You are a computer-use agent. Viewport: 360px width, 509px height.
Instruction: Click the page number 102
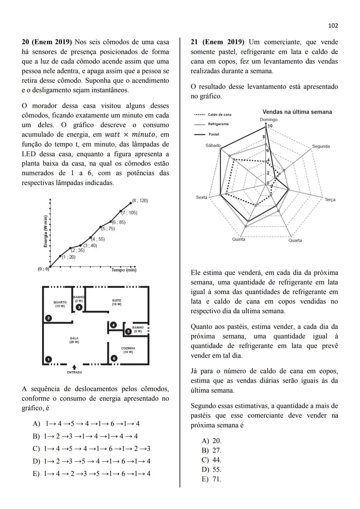pos(333,26)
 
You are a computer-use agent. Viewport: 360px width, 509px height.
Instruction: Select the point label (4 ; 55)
pos(98,239)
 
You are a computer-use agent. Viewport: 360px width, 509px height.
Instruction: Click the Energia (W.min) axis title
pos(45,231)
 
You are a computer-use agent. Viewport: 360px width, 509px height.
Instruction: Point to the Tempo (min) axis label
pos(124,270)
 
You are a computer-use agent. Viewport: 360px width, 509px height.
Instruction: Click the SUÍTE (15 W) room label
pos(117,302)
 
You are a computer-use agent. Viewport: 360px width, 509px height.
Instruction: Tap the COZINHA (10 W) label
pos(128,350)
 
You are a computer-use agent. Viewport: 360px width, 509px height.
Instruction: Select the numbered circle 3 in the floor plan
pos(79,307)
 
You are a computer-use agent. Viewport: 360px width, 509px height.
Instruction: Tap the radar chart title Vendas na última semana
pos(297,112)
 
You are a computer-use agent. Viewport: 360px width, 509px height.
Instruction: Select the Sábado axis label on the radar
pos(213,145)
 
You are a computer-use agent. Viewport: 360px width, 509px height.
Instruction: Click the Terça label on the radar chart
pos(330,200)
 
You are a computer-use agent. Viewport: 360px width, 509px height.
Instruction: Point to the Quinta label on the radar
pos(239,239)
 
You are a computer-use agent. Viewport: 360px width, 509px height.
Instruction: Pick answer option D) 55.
pos(212,470)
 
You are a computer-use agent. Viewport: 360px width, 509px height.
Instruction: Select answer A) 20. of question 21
pos(212,441)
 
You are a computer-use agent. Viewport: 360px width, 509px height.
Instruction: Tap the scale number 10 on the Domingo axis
pos(270,126)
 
